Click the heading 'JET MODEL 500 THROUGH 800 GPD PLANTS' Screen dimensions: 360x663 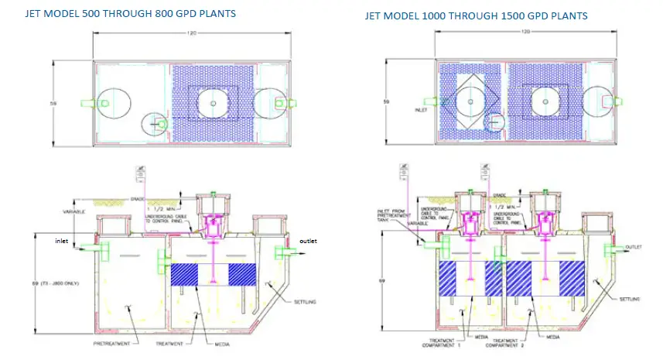131,14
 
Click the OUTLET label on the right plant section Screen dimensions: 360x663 634,247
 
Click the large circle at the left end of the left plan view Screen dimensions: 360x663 108,102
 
